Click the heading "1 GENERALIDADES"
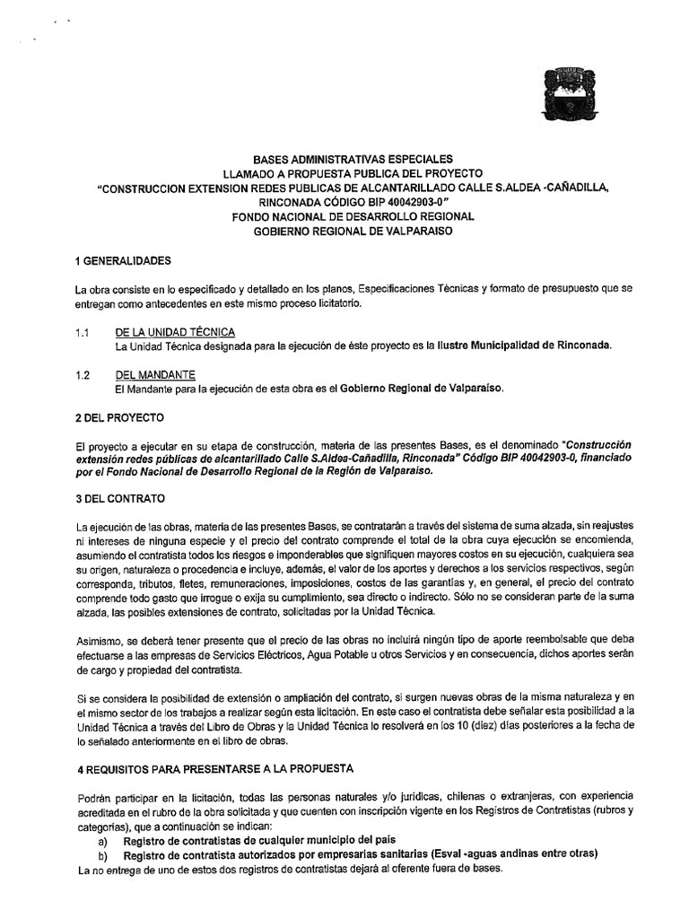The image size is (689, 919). point(124,261)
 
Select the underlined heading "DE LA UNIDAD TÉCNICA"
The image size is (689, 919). point(176,332)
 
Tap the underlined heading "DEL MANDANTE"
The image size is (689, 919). point(155,374)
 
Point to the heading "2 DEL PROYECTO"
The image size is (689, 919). point(120,417)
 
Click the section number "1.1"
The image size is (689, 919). point(85,332)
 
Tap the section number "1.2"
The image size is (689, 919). point(85,374)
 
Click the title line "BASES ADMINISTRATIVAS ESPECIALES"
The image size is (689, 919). point(353,159)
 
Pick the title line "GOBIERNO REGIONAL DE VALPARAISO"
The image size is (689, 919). point(353,231)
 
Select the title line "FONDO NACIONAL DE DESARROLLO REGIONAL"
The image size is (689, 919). point(353,216)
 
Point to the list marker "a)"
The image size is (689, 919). point(103,841)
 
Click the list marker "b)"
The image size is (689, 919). point(103,855)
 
